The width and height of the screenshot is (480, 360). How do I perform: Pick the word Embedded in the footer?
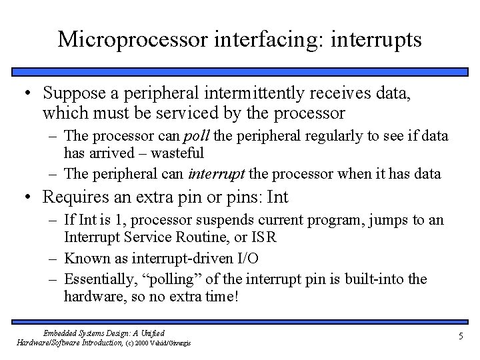(58, 333)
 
